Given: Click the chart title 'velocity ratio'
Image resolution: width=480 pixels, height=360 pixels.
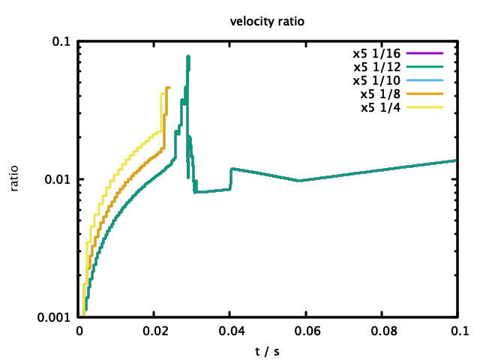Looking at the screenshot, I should (x=266, y=22).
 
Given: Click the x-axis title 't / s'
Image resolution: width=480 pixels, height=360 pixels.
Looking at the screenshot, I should (x=267, y=349).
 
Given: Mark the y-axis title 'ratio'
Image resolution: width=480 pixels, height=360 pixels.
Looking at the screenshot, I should (x=14, y=179).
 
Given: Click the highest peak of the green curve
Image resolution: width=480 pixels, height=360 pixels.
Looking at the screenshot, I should (x=188, y=56).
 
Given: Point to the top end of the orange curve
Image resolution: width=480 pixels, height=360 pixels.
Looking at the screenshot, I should (x=169, y=88).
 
